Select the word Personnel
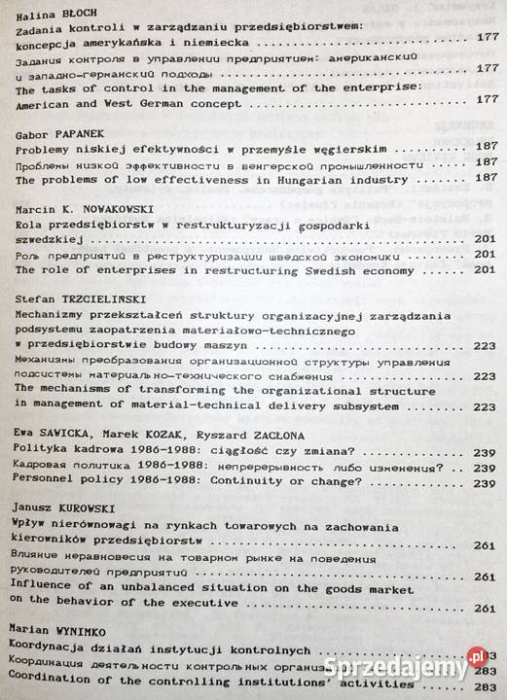tap(46, 481)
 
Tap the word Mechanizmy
tap(47, 316)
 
